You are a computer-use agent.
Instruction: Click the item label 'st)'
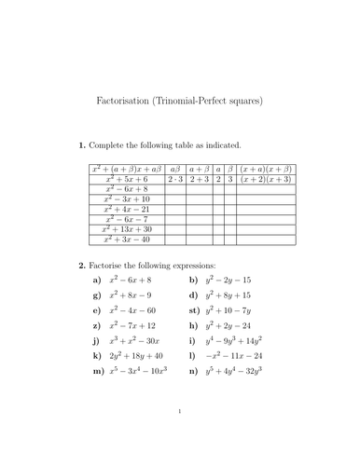coord(194,308)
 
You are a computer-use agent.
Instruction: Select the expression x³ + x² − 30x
coord(135,340)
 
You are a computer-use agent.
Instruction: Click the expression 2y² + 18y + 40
coord(137,356)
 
